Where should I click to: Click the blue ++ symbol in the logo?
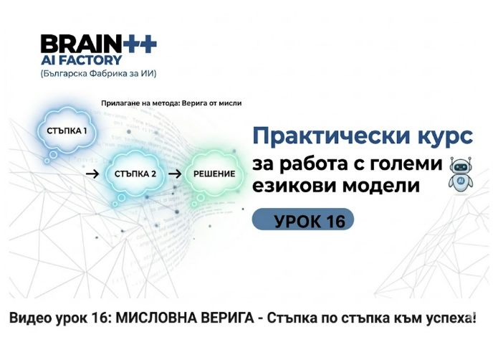pyautogui.click(x=139, y=44)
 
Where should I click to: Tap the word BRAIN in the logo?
pyautogui.click(x=81, y=44)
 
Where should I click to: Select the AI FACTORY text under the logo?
pyautogui.click(x=81, y=60)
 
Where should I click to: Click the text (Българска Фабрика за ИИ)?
pyautogui.click(x=98, y=74)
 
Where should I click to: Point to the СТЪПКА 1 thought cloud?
pyautogui.click(x=67, y=131)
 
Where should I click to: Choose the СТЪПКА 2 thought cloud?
pyautogui.click(x=135, y=174)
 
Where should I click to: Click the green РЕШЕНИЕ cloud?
pyautogui.click(x=214, y=174)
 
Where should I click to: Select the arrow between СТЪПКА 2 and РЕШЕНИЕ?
pyautogui.click(x=175, y=174)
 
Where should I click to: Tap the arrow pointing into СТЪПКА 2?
pyautogui.click(x=92, y=174)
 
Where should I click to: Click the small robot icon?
pyautogui.click(x=461, y=175)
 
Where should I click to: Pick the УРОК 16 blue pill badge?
pyautogui.click(x=303, y=219)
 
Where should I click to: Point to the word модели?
pyautogui.click(x=380, y=186)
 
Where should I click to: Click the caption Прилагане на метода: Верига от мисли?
pyautogui.click(x=171, y=103)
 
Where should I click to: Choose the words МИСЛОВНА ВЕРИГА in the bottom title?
pyautogui.click(x=185, y=318)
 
